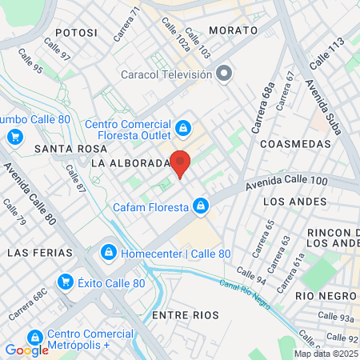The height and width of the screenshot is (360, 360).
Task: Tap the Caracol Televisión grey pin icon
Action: (225, 74)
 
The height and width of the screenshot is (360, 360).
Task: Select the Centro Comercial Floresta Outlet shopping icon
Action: (184, 127)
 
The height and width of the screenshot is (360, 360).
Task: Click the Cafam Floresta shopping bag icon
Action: (202, 207)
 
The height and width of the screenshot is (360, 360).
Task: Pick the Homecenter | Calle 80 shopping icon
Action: (107, 254)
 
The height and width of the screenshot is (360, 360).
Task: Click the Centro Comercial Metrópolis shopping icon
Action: (34, 338)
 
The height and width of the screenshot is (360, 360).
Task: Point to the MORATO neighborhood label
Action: (233, 30)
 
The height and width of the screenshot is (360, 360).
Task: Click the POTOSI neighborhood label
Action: (70, 33)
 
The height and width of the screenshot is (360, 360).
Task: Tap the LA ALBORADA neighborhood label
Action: (130, 163)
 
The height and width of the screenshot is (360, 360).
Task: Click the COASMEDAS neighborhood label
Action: (296, 144)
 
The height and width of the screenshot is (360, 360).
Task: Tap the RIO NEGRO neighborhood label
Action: (324, 295)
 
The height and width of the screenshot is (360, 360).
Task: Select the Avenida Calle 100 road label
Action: (286, 183)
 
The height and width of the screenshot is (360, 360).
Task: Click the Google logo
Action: (27, 350)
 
